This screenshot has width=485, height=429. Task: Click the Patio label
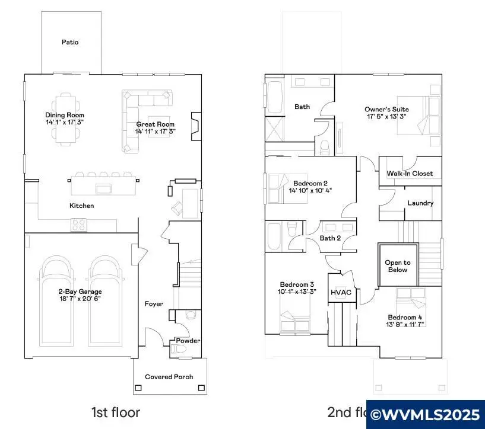tap(70, 42)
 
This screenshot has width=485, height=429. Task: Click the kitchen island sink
tap(104, 189)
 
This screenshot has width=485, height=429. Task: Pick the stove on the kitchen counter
tap(79, 225)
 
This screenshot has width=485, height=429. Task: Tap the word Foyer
tap(154, 304)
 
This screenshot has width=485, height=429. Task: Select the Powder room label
tap(188, 341)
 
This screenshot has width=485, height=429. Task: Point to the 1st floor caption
tap(116, 411)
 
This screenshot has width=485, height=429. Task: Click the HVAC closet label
tap(341, 293)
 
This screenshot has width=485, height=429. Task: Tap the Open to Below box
tap(397, 266)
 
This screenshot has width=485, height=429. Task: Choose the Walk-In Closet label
tap(410, 174)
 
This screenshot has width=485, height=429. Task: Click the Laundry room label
tap(420, 203)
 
